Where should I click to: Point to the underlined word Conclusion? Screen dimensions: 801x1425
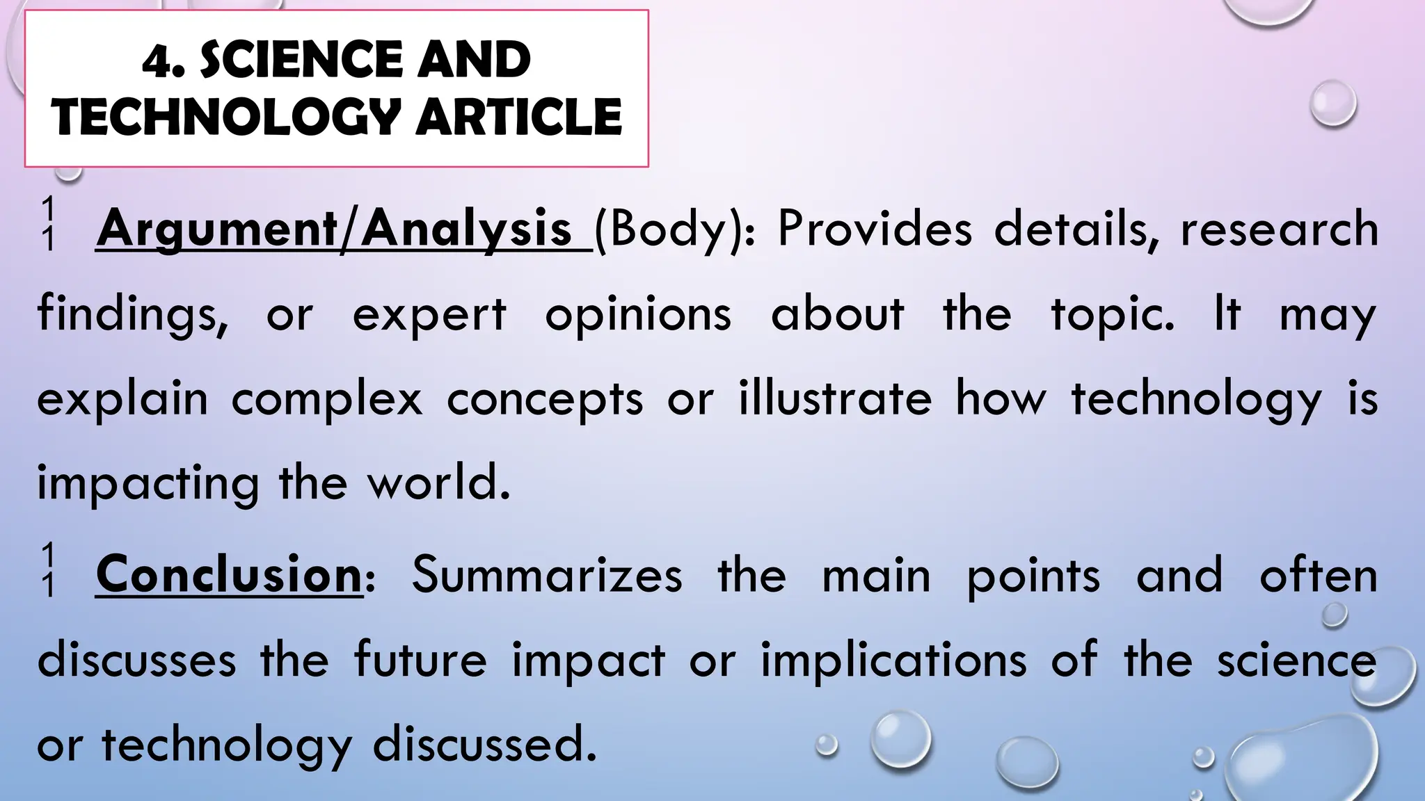229,576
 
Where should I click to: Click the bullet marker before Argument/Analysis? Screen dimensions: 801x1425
47,224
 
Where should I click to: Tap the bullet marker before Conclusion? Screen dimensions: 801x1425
47,571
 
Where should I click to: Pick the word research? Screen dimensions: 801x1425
1279,229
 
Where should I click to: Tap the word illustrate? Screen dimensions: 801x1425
835,398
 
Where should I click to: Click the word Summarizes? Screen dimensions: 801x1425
547,576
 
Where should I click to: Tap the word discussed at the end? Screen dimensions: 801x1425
485,745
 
